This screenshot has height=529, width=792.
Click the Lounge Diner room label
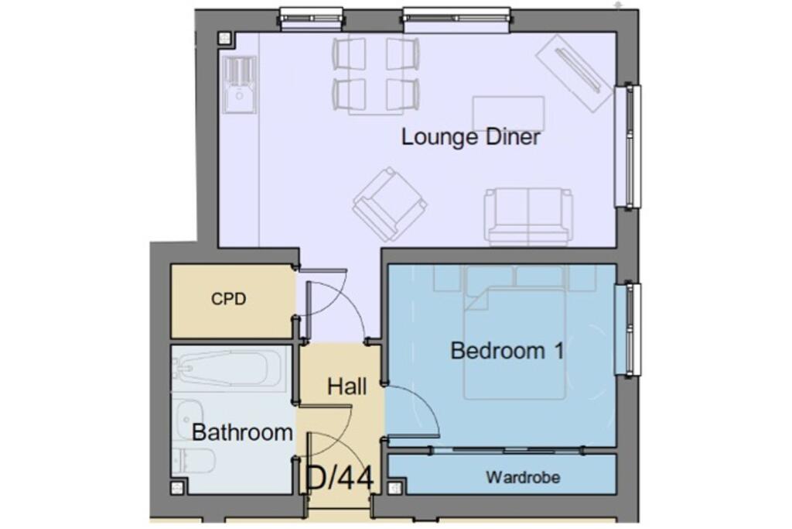point(470,138)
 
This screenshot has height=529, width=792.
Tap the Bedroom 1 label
point(507,351)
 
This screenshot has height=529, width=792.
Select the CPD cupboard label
point(228,298)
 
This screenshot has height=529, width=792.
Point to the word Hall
point(346,386)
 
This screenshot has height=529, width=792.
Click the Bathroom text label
point(242,432)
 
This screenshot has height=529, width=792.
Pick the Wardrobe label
point(522,477)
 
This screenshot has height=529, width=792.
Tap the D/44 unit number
point(340,478)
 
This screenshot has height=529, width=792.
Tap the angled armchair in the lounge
point(389,204)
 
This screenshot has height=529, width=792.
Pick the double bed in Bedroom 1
point(514,341)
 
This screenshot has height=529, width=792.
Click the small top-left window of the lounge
point(299,19)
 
